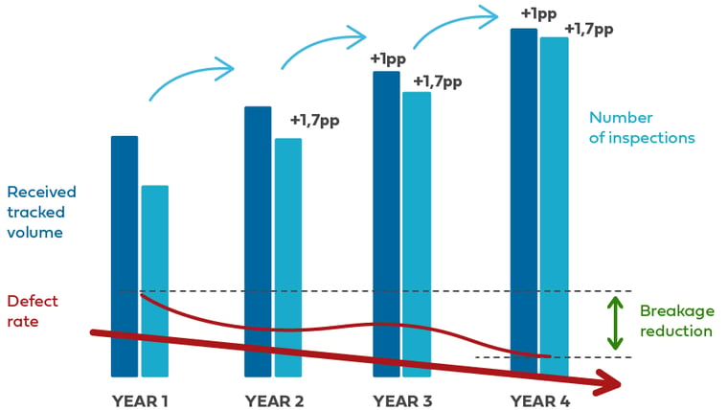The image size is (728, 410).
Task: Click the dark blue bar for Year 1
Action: click(125, 257)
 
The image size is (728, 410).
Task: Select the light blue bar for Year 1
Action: click(155, 281)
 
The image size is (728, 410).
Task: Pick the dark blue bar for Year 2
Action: click(258, 241)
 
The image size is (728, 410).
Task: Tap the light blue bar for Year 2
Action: click(288, 258)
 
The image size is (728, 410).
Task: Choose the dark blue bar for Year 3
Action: click(386, 224)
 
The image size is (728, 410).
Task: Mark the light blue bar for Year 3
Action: click(417, 235)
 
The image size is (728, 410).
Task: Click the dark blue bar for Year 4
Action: click(524, 202)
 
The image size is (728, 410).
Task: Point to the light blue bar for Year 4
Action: click(555, 207)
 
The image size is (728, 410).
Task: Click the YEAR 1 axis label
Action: click(140, 400)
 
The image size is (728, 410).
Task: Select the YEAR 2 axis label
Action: click(274, 400)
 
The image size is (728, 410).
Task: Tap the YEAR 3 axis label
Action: click(402, 400)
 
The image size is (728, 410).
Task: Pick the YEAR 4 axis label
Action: click(540, 400)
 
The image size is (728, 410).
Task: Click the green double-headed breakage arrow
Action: click(615, 323)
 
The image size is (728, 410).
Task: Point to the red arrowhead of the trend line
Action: click(608, 382)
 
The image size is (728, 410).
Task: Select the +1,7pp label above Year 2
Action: click(315, 121)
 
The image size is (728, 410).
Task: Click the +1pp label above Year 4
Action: click(538, 14)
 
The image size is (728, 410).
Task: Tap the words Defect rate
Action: click(33, 311)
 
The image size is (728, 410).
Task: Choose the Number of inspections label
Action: click(642, 127)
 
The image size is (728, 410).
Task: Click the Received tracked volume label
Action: click(41, 213)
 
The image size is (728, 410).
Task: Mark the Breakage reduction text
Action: click(677, 321)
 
